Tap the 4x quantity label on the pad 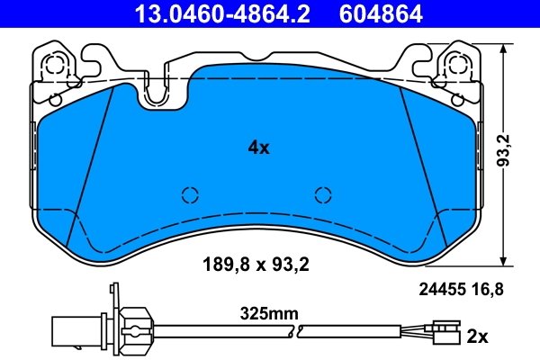(258, 148)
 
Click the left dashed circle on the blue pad (190, 195)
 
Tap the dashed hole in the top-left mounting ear (56, 64)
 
